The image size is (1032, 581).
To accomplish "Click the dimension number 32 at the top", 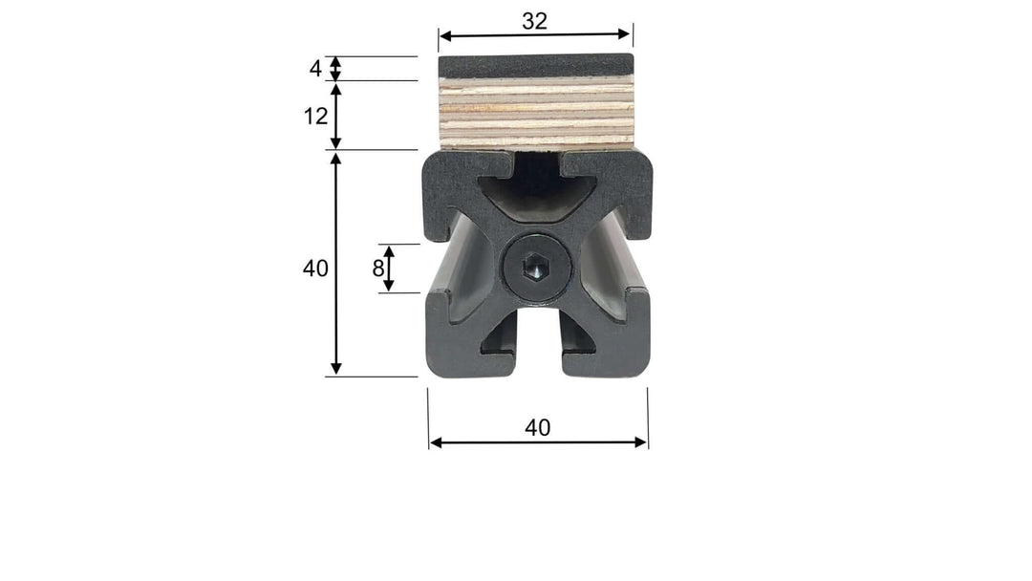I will click(535, 20).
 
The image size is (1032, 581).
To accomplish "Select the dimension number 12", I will click(316, 116).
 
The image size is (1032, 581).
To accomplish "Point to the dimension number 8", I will click(378, 269).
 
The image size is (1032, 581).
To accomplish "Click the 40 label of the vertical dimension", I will click(315, 269).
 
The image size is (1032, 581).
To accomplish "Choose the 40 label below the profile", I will click(538, 428).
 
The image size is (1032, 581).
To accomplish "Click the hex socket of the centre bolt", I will click(538, 270).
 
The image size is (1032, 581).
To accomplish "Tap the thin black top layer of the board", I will click(536, 65).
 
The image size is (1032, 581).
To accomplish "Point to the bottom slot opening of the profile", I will click(538, 354).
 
